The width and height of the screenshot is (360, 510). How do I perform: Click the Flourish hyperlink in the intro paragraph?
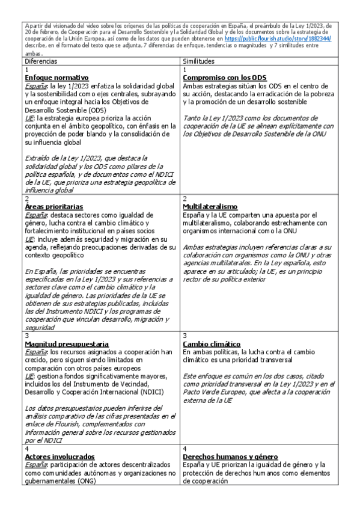coord(278,38)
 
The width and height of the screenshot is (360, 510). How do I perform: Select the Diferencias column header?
coord(41,61)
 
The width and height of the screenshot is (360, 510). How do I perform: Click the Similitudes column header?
coord(199,61)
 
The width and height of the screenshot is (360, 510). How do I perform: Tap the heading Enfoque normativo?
coord(56,78)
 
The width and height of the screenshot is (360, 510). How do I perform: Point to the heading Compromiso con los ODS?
coord(225,78)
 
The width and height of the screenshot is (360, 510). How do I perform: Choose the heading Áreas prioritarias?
coord(55,207)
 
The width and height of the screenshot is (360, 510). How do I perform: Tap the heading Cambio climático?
coord(209,343)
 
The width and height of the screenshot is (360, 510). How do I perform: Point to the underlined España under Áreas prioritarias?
coord(35,215)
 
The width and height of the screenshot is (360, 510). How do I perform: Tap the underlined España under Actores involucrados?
coord(35,465)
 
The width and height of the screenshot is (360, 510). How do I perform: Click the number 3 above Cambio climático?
coord(185,336)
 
